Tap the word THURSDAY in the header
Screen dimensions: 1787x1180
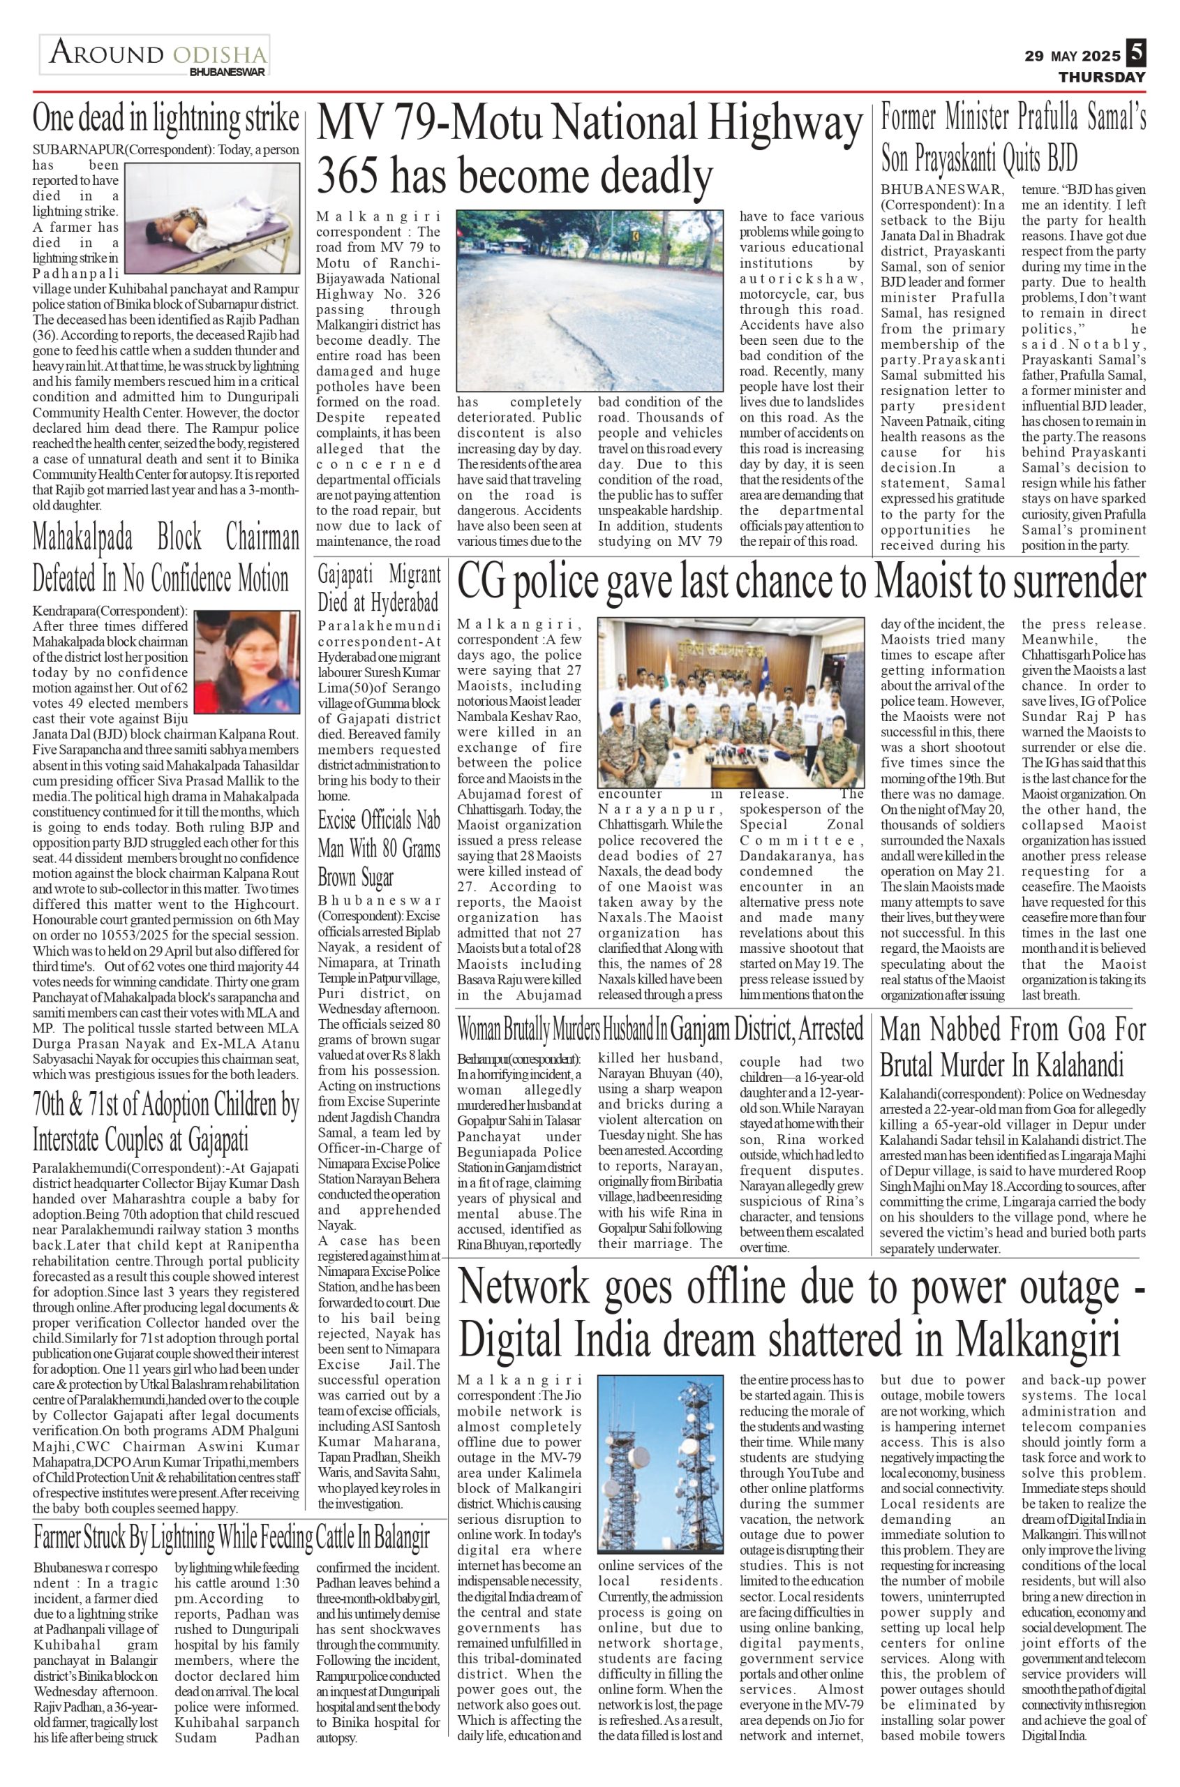[1102, 77]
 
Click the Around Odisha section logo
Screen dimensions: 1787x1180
[156, 56]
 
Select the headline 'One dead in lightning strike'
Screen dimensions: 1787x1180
[165, 119]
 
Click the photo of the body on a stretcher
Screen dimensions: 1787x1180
[212, 218]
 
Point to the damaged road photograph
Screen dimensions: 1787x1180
[590, 299]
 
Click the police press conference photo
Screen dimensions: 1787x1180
[730, 702]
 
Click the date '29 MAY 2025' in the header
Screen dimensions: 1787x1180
[1072, 57]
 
